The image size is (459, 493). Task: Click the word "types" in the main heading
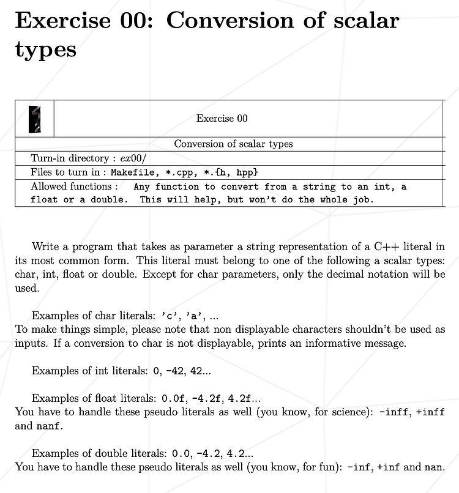[x=46, y=49]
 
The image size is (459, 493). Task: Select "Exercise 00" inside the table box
[x=222, y=119]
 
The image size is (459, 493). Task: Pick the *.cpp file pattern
[x=180, y=172]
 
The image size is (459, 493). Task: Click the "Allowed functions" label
[x=71, y=186]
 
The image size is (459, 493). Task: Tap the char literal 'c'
[x=169, y=316]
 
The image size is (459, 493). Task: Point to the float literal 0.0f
[x=170, y=398]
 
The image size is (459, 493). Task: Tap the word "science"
[x=351, y=412]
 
